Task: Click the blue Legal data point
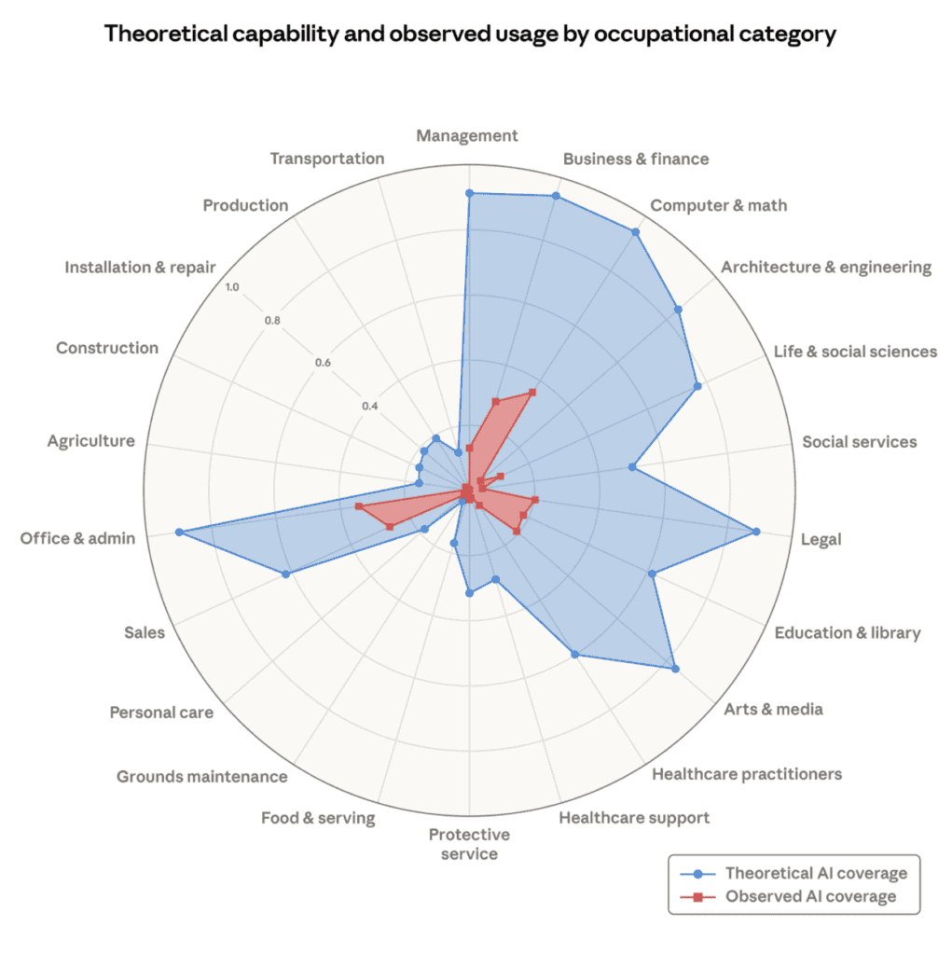pyautogui.click(x=755, y=532)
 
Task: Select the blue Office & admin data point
pyautogui.click(x=178, y=533)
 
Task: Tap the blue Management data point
pyautogui.click(x=469, y=193)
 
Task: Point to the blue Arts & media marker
pyautogui.click(x=675, y=669)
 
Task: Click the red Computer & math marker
pyautogui.click(x=532, y=392)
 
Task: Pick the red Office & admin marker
pyautogui.click(x=358, y=506)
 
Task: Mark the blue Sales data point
pyautogui.click(x=285, y=574)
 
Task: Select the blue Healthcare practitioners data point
pyautogui.click(x=575, y=654)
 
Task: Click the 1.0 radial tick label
pyautogui.click(x=231, y=287)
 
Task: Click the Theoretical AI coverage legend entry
pyautogui.click(x=816, y=874)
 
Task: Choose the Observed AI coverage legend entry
pyautogui.click(x=810, y=896)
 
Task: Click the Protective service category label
pyautogui.click(x=469, y=844)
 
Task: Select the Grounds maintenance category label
pyautogui.click(x=202, y=776)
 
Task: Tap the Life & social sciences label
pyautogui.click(x=855, y=352)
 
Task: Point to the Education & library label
pyautogui.click(x=848, y=632)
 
